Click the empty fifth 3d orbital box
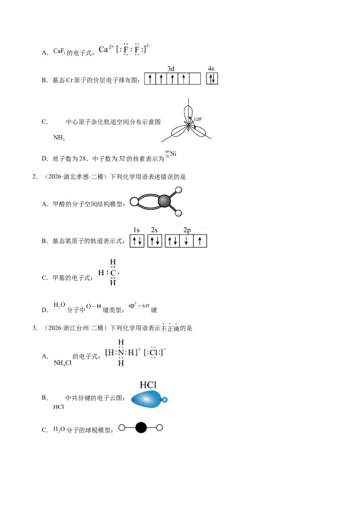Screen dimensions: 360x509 (x=194, y=79)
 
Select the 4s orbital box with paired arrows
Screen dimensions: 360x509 (x=212, y=79)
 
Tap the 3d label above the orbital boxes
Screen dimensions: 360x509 (x=171, y=68)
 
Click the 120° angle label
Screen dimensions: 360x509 (x=198, y=119)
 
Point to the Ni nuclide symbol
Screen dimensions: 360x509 (x=171, y=154)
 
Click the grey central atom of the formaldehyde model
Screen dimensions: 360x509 (x=164, y=201)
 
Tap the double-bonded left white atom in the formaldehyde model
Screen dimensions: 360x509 (x=134, y=202)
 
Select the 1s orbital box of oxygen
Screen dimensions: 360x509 (x=137, y=241)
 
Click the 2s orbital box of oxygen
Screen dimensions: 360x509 (x=155, y=241)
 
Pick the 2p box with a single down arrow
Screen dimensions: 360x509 (x=186, y=241)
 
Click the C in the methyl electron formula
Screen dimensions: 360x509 (x=113, y=272)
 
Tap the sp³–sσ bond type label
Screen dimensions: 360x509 (x=139, y=306)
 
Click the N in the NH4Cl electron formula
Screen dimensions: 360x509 (x=121, y=353)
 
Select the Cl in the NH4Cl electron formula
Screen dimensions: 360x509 (x=153, y=353)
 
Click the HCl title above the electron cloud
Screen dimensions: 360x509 (x=148, y=385)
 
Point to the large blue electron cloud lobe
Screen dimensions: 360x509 (x=146, y=399)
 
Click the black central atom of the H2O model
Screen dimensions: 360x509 (x=141, y=428)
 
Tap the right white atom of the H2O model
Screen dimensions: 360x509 (x=159, y=428)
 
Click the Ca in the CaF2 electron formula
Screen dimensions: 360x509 (x=103, y=49)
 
